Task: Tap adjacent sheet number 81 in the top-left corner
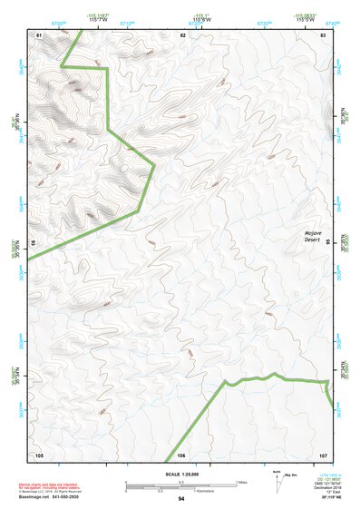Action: point(38,34)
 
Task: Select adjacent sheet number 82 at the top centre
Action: point(182,34)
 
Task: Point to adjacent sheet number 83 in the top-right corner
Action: point(324,34)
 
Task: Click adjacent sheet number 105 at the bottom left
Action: point(38,454)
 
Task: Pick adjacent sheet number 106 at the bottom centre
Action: point(182,454)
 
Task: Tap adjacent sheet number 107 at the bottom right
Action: point(324,454)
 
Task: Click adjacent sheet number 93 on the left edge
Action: point(34,243)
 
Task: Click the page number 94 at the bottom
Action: point(182,499)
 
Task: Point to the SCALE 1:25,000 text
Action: point(182,475)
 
